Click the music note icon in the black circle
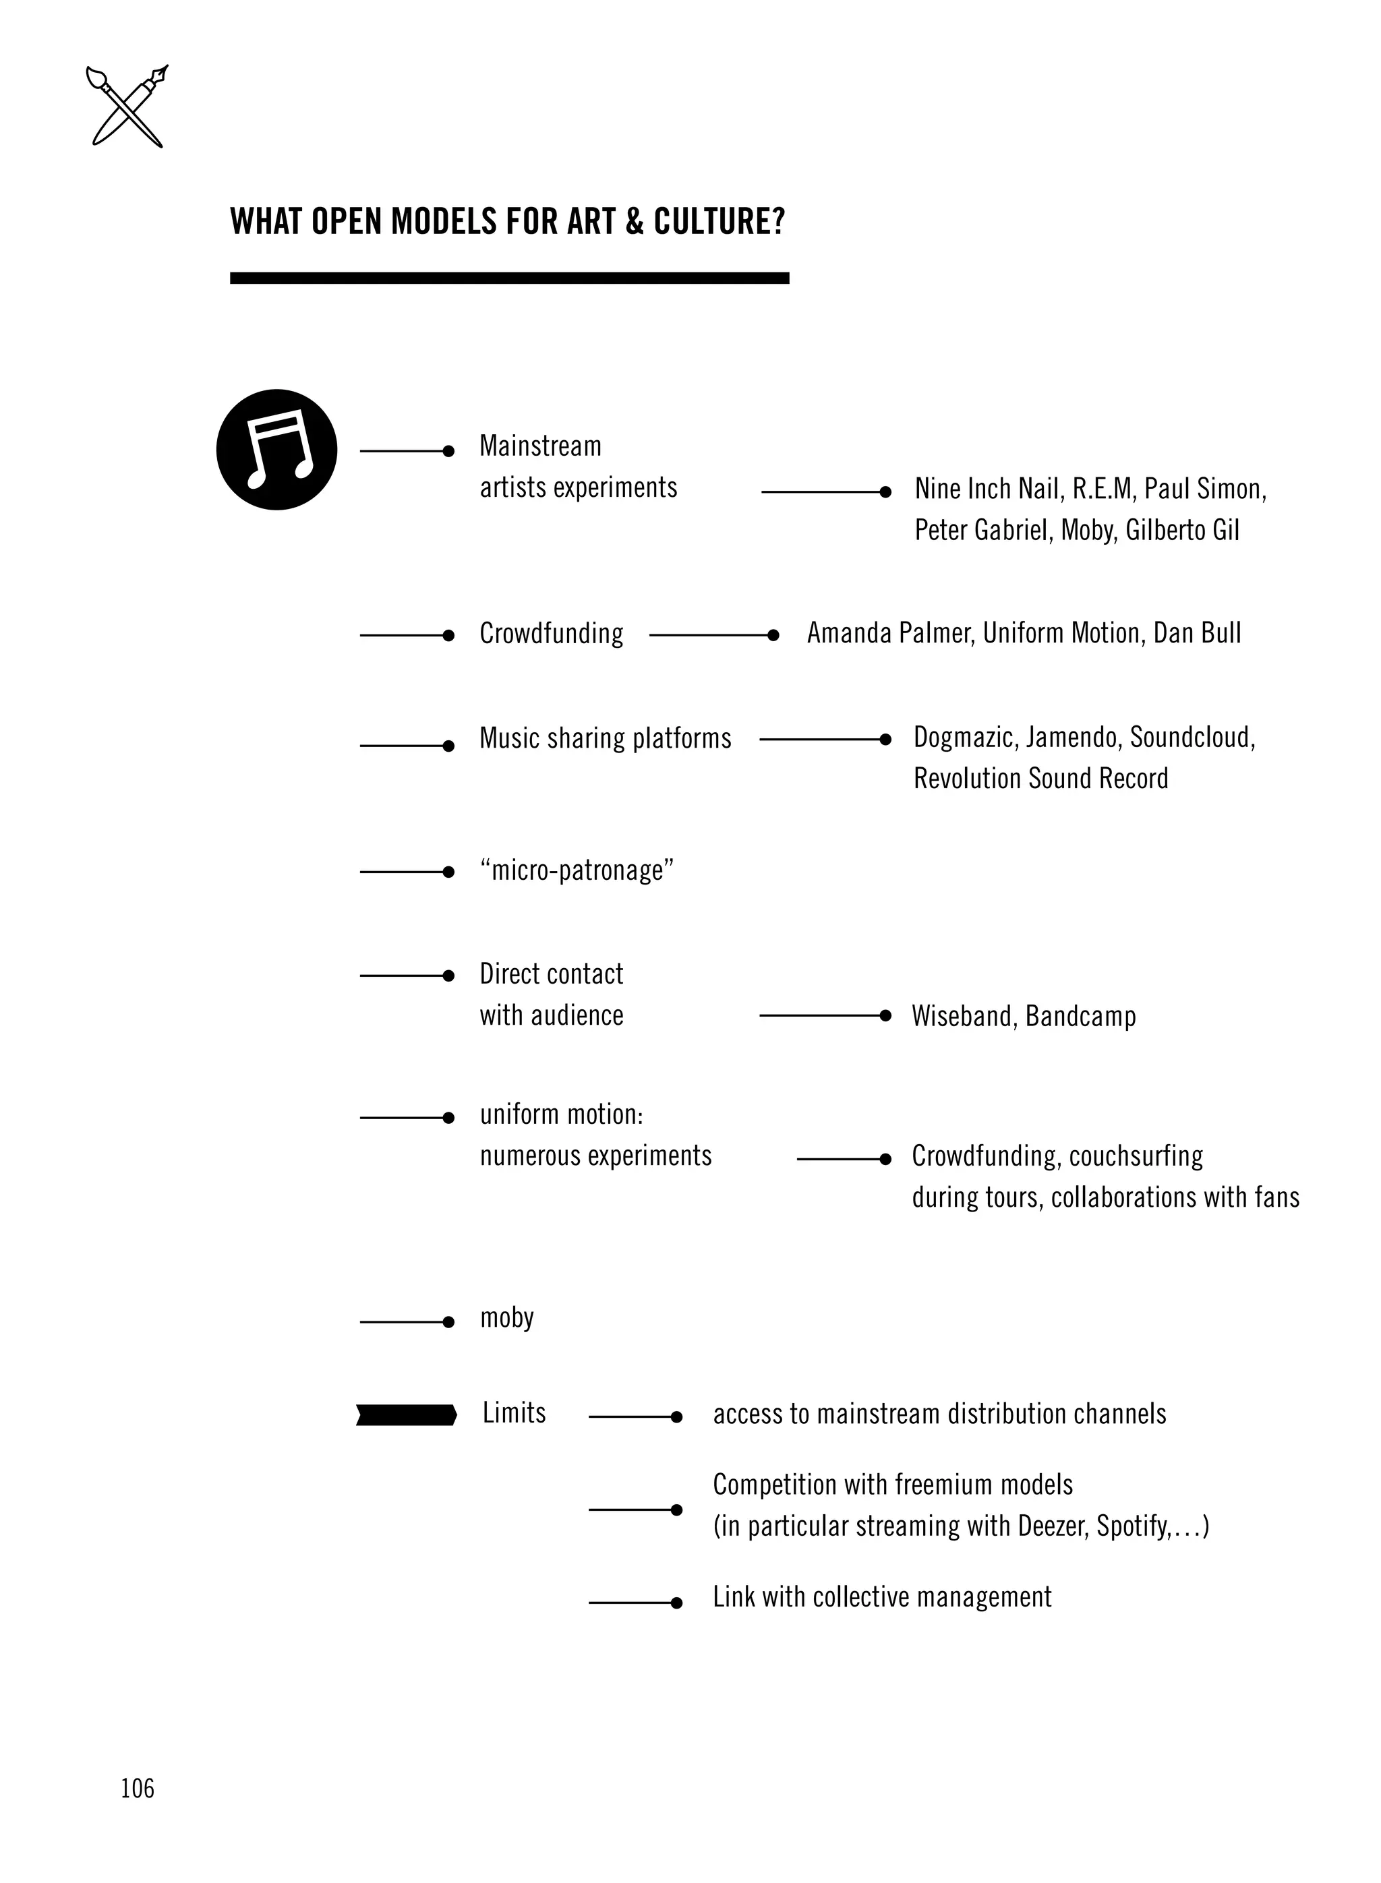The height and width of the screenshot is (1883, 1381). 276,450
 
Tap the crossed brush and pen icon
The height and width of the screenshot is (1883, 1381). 127,106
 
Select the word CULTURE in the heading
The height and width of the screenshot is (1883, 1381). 719,222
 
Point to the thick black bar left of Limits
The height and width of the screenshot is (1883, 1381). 406,1415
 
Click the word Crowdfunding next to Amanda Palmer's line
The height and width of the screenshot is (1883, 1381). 551,634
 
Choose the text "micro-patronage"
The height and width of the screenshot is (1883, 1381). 577,870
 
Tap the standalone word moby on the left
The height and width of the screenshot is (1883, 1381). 506,1318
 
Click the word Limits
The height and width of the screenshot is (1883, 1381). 513,1413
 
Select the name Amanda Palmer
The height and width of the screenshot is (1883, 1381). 890,634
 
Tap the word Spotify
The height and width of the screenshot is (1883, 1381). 1132,1526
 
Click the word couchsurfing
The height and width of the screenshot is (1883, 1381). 1136,1156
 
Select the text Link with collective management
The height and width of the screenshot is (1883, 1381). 881,1597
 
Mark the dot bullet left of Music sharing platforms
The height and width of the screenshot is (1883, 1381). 448,746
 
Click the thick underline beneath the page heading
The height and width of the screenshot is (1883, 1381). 509,278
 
